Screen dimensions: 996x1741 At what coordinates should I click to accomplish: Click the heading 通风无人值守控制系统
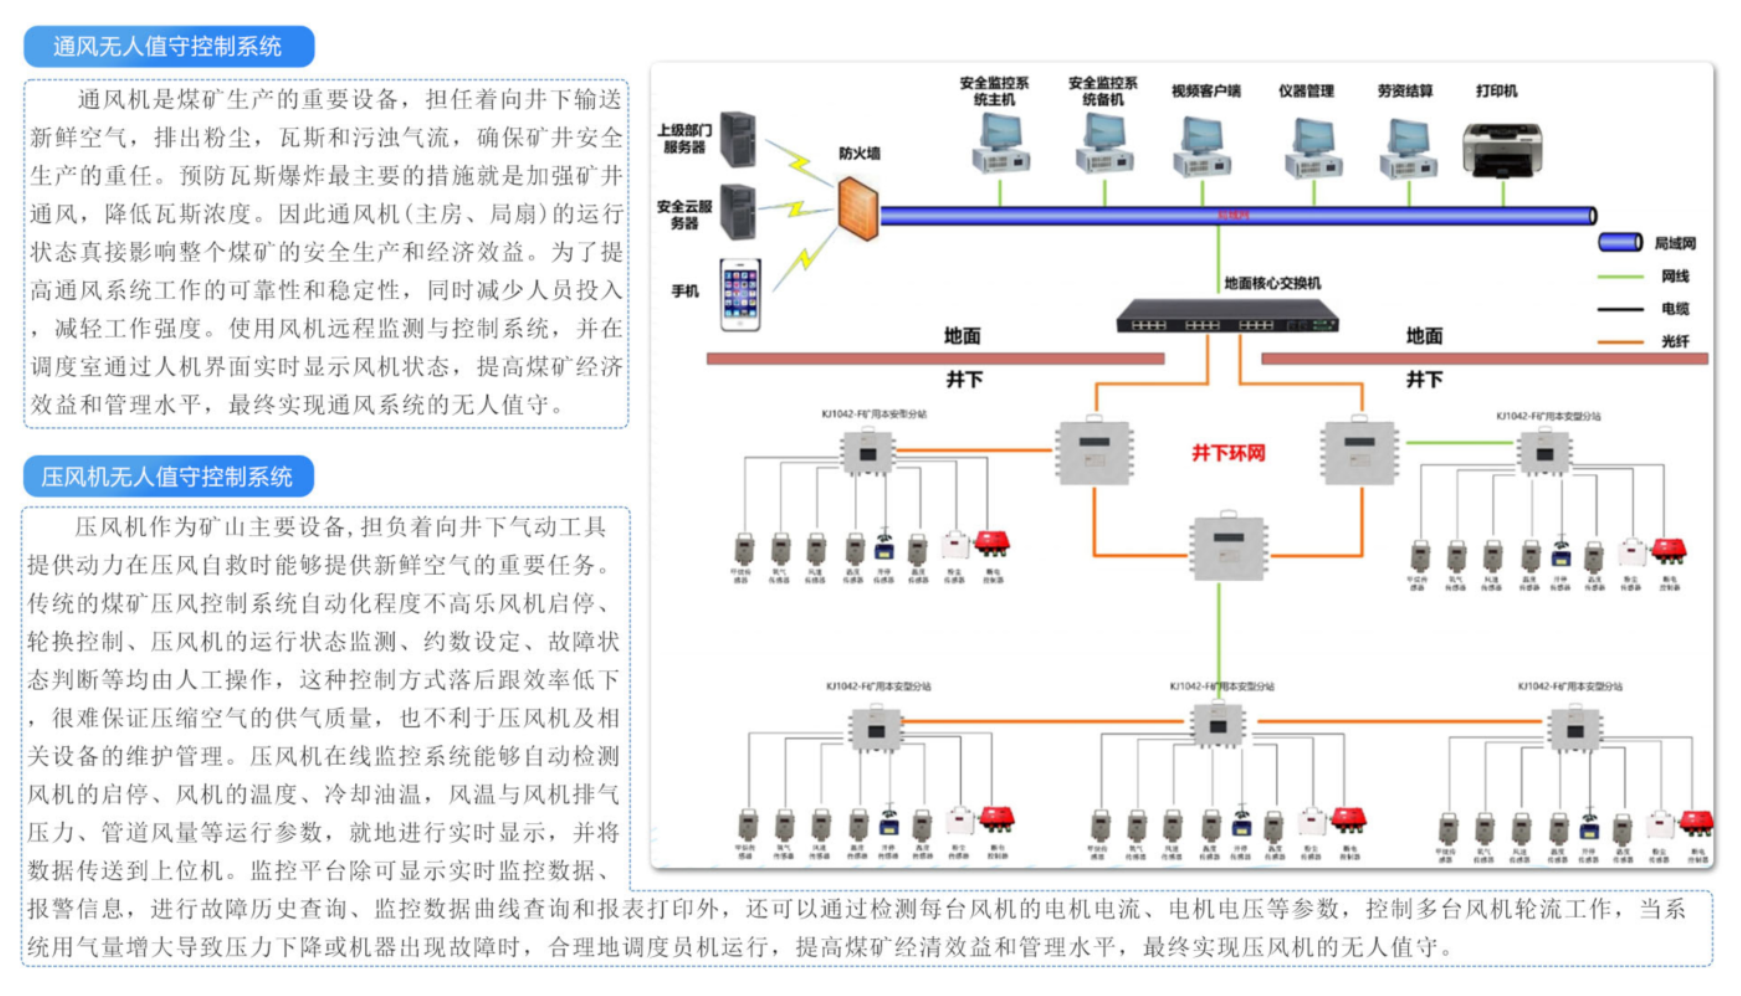click(168, 47)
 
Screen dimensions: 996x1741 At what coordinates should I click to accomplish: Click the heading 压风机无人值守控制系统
click(168, 476)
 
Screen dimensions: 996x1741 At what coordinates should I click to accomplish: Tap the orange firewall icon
click(858, 209)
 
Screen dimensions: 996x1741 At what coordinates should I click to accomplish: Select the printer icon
click(1502, 150)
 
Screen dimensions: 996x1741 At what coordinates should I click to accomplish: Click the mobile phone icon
click(740, 295)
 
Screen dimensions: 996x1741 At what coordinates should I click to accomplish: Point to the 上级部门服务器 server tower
click(738, 140)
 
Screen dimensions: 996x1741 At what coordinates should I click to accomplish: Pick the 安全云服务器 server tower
click(738, 212)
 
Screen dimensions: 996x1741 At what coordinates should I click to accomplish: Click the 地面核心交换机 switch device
click(1227, 316)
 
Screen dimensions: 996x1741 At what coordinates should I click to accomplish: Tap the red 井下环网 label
click(1228, 453)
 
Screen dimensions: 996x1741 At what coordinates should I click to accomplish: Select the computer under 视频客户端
click(1202, 147)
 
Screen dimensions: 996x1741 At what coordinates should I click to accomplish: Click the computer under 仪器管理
click(1314, 148)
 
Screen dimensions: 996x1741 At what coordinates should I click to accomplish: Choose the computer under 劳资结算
click(1408, 148)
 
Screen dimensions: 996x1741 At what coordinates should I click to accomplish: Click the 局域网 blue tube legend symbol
click(1620, 242)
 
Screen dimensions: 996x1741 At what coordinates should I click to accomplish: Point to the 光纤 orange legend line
click(1620, 342)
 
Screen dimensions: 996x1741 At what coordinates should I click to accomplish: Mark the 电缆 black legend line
click(1620, 309)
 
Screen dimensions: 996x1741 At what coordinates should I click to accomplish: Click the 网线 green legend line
click(1620, 276)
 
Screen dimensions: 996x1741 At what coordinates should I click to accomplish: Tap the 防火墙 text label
click(859, 153)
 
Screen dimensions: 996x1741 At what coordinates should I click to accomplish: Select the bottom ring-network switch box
click(1229, 548)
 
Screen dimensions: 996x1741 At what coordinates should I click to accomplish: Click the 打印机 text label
click(1497, 91)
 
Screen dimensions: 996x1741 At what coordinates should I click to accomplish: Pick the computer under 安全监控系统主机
click(1000, 143)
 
